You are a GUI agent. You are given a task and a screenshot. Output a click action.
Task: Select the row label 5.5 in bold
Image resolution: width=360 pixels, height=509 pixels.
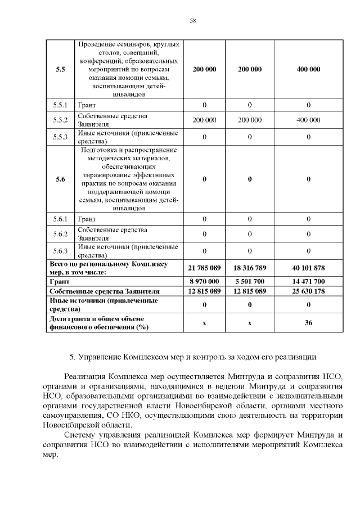(60, 69)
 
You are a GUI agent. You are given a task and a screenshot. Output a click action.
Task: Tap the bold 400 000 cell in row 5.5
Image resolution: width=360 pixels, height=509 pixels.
(308, 69)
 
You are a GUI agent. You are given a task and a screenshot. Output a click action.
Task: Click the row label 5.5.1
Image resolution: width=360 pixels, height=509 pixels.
(60, 105)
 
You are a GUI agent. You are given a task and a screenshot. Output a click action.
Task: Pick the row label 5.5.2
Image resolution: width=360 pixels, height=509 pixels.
(60, 120)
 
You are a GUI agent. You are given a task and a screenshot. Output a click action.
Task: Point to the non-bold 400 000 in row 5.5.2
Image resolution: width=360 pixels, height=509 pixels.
(308, 120)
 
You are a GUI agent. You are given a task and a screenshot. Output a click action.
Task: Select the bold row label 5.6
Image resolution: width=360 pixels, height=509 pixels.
(60, 179)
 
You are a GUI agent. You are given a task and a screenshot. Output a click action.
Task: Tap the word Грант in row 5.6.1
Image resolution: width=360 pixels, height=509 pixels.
(87, 219)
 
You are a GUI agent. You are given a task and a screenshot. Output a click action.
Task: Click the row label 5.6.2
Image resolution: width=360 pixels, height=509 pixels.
(60, 234)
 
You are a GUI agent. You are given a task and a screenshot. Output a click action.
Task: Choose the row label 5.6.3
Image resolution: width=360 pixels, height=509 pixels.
(60, 250)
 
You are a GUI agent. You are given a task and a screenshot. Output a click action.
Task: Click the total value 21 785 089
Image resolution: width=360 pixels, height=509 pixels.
(204, 268)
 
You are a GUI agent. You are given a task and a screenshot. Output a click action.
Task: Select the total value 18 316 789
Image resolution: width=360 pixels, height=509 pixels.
(249, 268)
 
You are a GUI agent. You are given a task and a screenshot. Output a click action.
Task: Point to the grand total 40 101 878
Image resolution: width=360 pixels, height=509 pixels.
(308, 268)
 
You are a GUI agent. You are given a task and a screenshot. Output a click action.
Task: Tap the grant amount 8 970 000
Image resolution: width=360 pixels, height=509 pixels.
(204, 281)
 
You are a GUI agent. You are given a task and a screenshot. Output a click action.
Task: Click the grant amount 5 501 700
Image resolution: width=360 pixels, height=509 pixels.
(249, 281)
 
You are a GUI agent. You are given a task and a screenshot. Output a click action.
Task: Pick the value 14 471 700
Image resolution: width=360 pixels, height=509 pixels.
(308, 281)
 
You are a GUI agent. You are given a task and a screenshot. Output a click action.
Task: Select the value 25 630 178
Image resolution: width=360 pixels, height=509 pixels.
(308, 291)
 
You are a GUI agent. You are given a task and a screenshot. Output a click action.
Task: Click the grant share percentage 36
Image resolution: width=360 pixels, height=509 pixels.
(308, 323)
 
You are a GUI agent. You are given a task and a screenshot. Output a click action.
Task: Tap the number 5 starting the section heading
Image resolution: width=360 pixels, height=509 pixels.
(71, 357)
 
